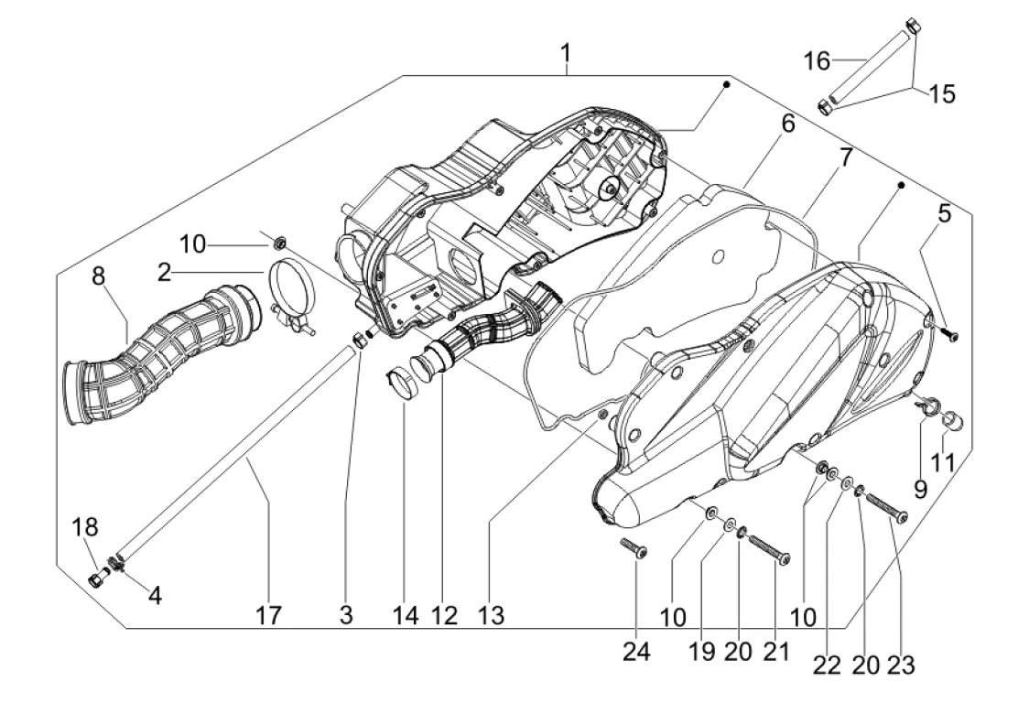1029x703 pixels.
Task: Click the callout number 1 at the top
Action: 565,53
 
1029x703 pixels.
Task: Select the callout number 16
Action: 817,61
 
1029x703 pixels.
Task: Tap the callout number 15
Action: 941,94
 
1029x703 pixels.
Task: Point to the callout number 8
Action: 99,276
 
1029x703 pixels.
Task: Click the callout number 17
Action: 268,616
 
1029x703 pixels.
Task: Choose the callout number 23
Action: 901,665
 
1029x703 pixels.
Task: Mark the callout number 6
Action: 787,124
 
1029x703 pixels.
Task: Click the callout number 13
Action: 491,616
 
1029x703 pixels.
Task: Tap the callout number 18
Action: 84,527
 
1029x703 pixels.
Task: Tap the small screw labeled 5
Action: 950,334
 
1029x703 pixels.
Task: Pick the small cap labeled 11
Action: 954,420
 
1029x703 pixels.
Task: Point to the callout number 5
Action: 944,214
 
